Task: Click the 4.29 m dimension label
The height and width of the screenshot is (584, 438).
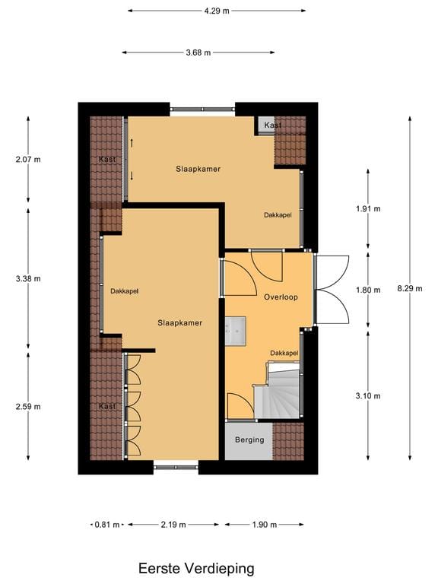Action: (x=217, y=11)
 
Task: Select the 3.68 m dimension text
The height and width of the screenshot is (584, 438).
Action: (x=198, y=52)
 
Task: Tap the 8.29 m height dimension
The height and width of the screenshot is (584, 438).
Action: (x=410, y=288)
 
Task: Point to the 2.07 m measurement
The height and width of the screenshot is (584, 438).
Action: (x=28, y=159)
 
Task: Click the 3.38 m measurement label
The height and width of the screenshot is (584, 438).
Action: (x=28, y=278)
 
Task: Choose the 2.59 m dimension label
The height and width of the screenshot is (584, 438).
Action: (x=28, y=406)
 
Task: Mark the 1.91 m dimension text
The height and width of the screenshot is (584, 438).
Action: (x=368, y=208)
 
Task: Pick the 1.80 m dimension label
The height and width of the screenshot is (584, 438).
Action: (x=368, y=289)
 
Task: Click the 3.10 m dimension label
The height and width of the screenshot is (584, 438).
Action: (x=368, y=395)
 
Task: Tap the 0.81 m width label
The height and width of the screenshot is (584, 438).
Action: (x=106, y=525)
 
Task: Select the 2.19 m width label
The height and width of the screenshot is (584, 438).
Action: (x=174, y=525)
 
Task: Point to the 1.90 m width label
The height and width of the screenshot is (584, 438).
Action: (x=264, y=525)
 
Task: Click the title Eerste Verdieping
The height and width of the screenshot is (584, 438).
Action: (x=196, y=568)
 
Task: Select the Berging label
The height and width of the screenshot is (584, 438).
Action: (x=249, y=440)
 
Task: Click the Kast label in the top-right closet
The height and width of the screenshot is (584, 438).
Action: (x=272, y=125)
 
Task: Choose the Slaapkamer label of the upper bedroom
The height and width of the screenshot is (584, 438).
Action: (x=198, y=169)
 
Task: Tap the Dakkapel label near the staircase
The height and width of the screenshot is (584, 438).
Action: (x=284, y=353)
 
